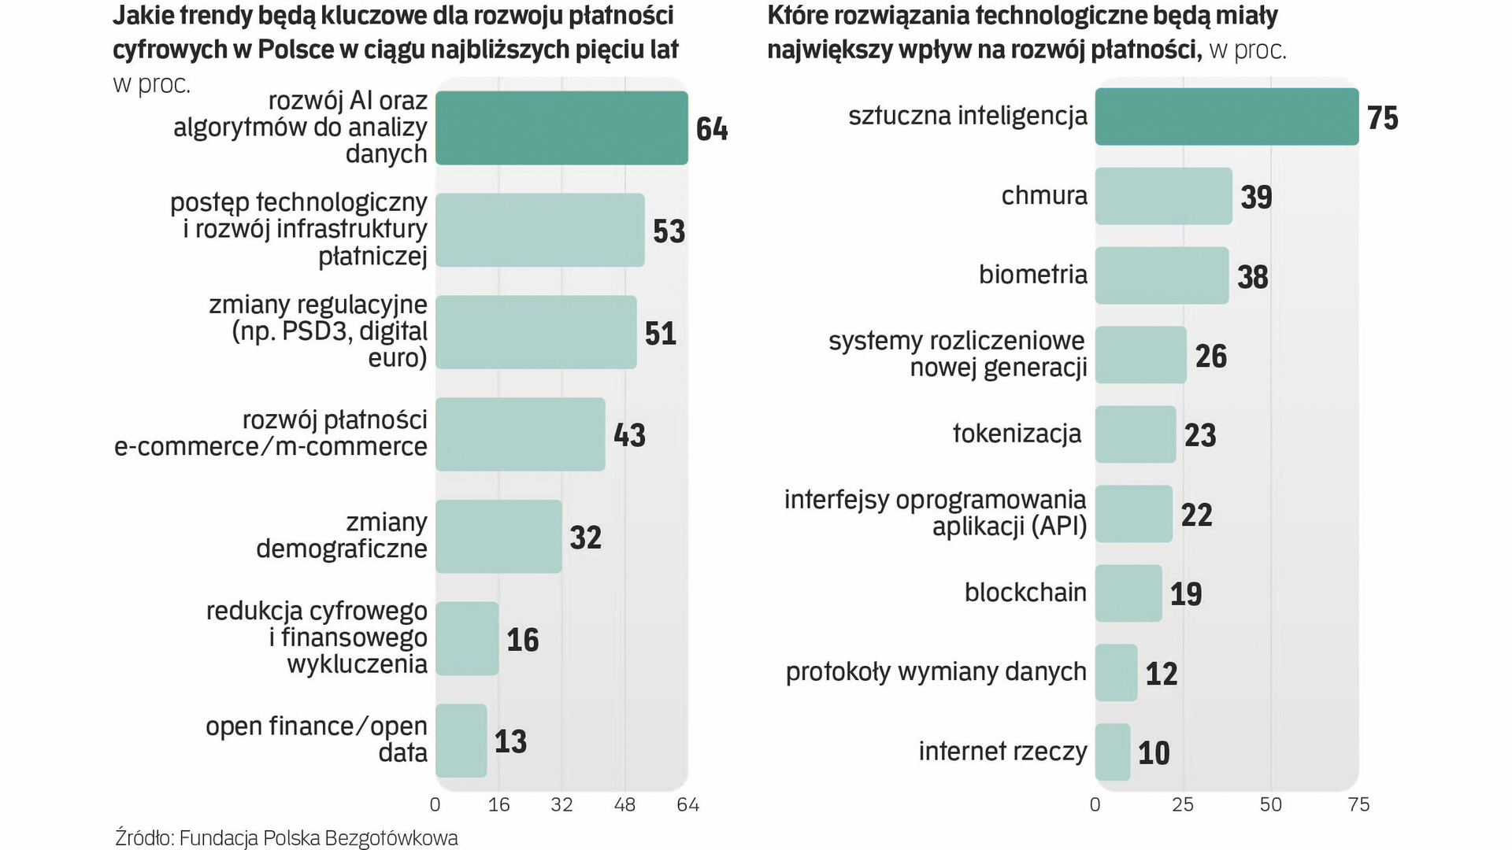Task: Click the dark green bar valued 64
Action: [x=561, y=128]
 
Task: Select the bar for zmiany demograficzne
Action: [x=498, y=536]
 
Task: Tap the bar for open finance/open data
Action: [x=461, y=740]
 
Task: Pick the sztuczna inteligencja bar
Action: [x=1226, y=116]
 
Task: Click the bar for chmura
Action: [x=1163, y=196]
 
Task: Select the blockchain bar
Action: [x=1128, y=593]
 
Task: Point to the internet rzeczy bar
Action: [x=1113, y=752]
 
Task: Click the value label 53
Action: [x=669, y=231]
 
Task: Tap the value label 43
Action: [x=629, y=435]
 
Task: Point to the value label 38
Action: [x=1252, y=277]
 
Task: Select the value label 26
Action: [x=1210, y=357]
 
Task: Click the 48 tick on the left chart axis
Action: [x=624, y=804]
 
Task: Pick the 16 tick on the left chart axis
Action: [x=498, y=804]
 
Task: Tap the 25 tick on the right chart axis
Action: [x=1183, y=804]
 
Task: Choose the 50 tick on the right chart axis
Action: [x=1270, y=804]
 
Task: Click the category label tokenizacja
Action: [x=1017, y=434]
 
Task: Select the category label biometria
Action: [x=1032, y=275]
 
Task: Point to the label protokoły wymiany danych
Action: [x=936, y=672]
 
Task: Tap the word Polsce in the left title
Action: [x=296, y=50]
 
